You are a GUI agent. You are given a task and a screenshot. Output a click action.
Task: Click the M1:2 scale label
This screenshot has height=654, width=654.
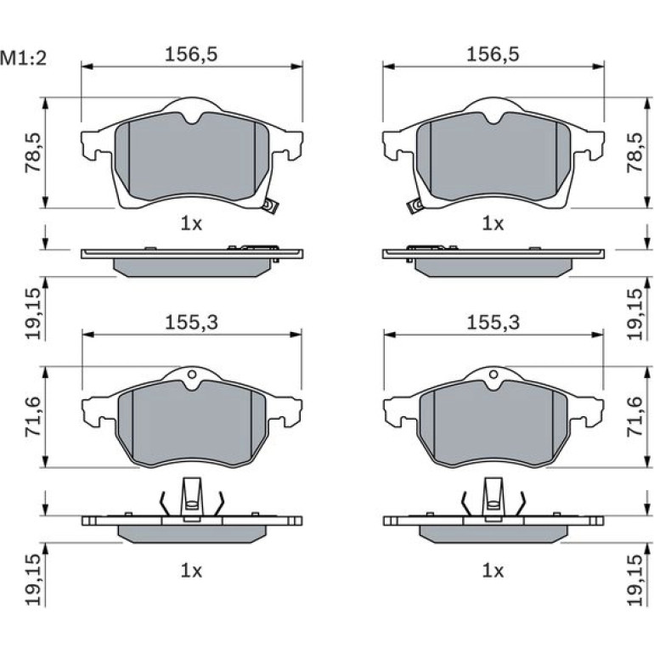coord(24,59)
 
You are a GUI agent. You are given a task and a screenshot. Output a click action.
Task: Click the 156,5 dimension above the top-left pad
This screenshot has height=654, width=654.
coord(191,54)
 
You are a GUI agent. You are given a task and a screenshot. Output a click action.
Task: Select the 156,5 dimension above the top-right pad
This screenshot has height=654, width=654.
coord(493,54)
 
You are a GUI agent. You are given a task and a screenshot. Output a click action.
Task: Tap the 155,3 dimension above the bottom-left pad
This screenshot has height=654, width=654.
coord(191,323)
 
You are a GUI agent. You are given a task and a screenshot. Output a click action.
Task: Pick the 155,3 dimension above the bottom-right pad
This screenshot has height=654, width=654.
coord(493,323)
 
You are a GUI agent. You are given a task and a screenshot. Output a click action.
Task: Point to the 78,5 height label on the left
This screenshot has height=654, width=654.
coord(34,153)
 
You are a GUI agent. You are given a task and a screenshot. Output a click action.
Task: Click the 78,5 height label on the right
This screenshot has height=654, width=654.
coord(635,153)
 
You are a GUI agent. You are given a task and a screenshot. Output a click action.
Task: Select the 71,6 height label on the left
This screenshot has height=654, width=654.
coord(34,417)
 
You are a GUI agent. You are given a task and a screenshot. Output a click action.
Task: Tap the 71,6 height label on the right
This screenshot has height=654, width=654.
coord(635,417)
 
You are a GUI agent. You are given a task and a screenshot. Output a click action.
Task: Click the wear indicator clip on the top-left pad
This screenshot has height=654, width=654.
coord(270,206)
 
